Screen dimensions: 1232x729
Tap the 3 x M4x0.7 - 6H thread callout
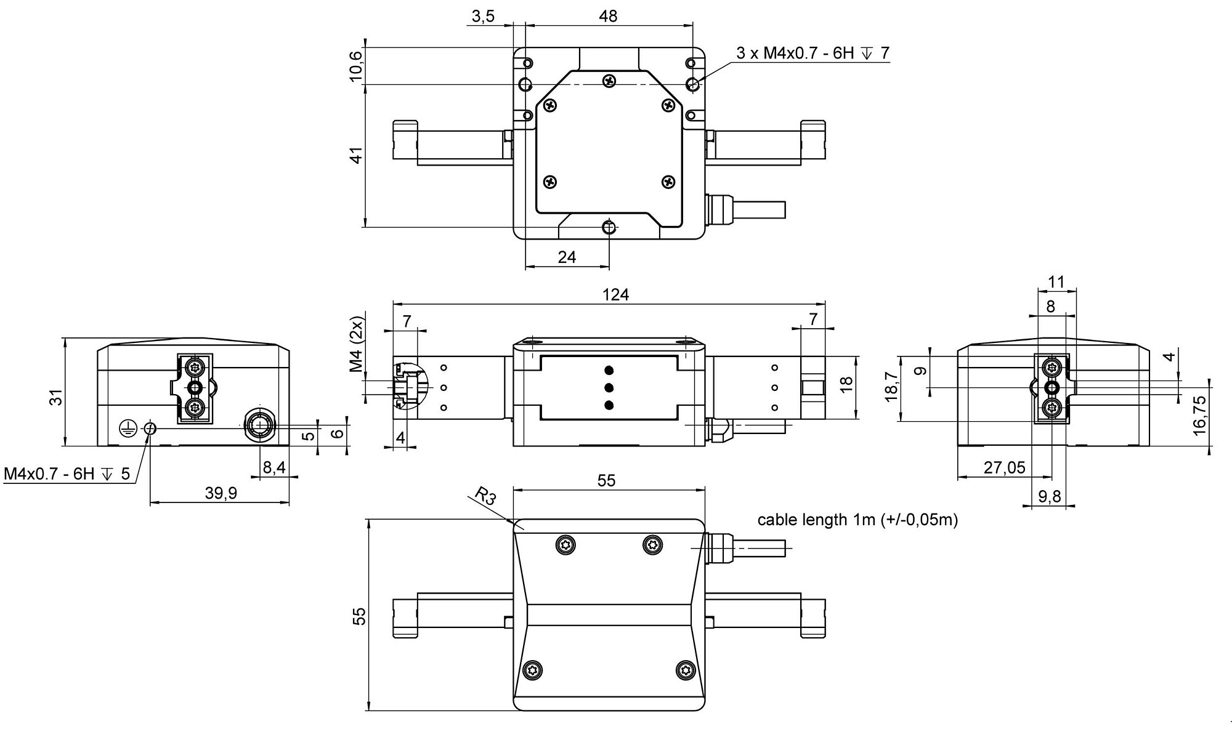813,53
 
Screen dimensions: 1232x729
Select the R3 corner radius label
485,496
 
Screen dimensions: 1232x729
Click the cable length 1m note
857,520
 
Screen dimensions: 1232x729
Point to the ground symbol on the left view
126,427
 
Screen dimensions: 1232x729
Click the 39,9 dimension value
220,493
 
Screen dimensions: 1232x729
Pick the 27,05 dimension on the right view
1004,468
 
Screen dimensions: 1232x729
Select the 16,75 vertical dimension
1201,416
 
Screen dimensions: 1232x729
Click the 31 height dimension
56,398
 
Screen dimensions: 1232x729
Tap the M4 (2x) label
356,345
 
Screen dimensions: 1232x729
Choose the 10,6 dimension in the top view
356,66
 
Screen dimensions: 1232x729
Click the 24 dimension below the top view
567,257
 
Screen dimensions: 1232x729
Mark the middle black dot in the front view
609,387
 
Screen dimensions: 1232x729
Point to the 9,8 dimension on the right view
1049,496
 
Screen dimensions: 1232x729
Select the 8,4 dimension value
274,468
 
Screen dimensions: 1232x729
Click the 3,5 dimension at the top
483,16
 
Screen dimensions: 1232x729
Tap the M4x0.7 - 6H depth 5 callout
67,474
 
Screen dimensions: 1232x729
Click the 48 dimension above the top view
608,16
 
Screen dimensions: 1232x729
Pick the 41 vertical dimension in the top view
356,155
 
